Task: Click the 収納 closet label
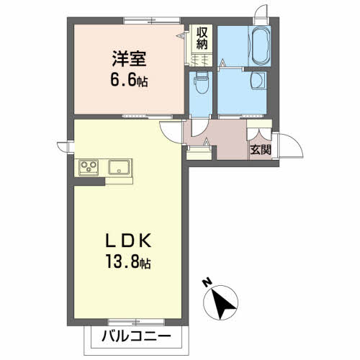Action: point(202,37)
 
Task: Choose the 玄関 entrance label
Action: point(261,150)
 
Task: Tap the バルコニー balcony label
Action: point(136,336)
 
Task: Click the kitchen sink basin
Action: point(119,168)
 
